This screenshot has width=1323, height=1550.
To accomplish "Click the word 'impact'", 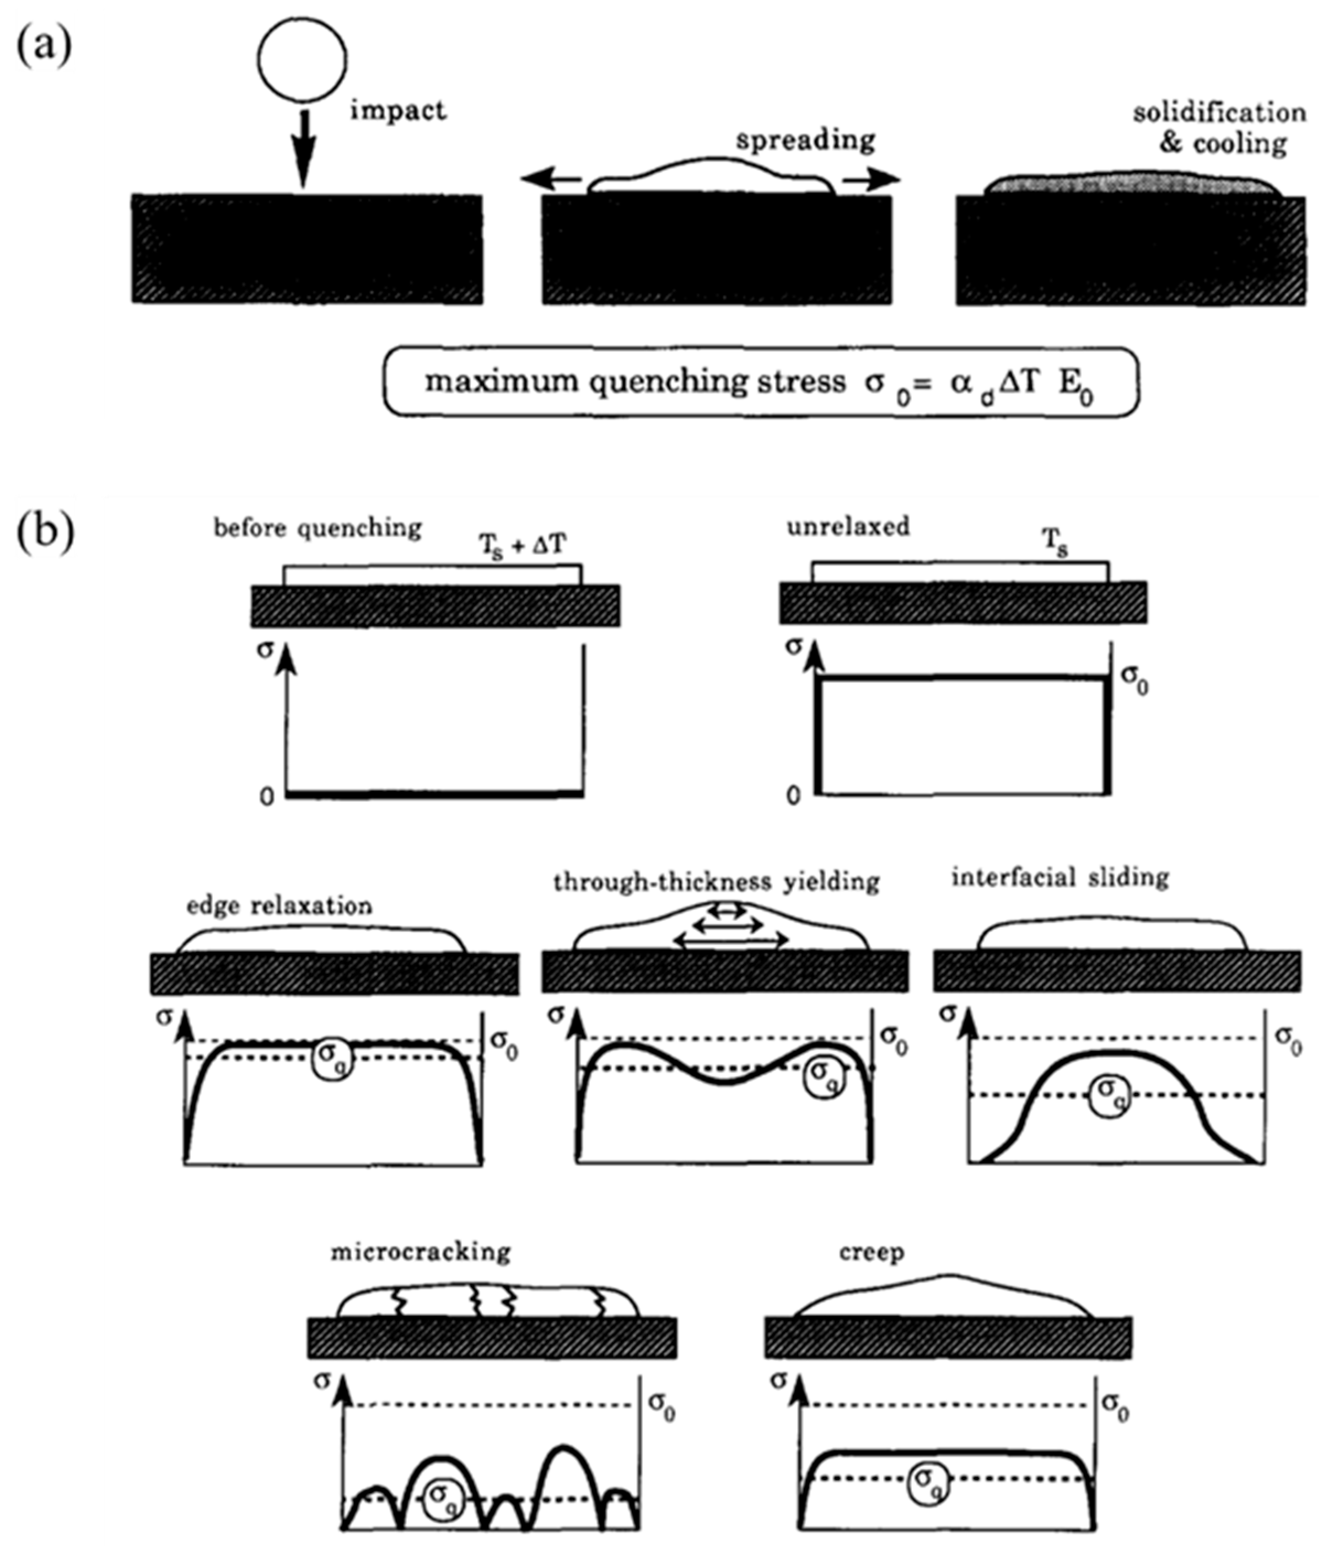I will coord(398,111).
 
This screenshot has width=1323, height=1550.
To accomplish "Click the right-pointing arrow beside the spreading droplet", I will coord(872,180).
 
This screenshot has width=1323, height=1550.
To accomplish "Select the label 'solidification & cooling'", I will coord(1219,128).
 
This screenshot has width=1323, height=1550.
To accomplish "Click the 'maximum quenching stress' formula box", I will coord(761,382).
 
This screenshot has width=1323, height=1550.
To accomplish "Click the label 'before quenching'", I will coord(317,528).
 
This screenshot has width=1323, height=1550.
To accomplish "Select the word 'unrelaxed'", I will coord(848,527).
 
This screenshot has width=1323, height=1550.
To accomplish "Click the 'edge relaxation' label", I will coord(279,906).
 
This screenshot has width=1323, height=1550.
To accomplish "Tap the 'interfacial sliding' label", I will coord(1060,877).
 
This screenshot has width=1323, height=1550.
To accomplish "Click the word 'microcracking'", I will coord(420,1252).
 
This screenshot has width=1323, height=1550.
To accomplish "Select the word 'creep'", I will coord(872,1252).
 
